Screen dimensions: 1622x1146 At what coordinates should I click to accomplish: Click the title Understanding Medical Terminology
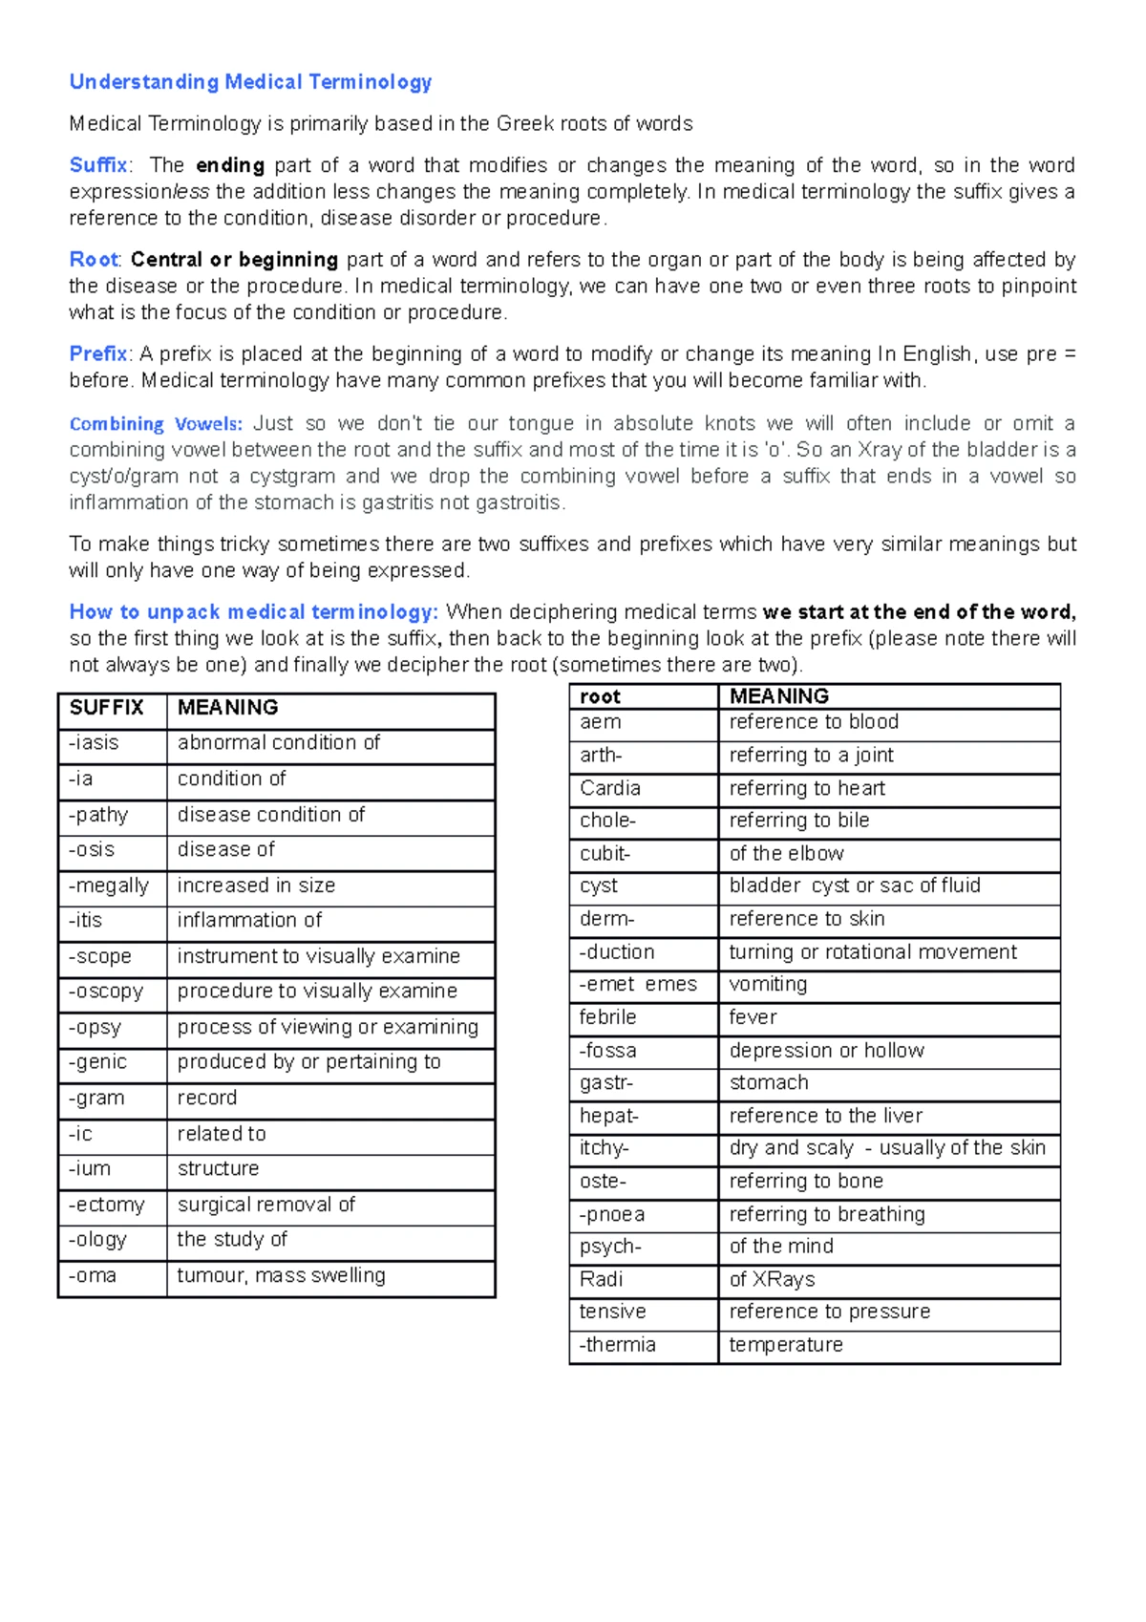click(250, 82)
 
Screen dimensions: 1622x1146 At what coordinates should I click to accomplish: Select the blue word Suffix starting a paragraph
click(98, 165)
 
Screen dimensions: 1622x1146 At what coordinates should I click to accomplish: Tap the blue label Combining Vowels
click(156, 424)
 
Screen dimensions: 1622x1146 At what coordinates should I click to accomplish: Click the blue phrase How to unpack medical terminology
click(253, 612)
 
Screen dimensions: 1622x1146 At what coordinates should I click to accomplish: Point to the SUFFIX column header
click(106, 708)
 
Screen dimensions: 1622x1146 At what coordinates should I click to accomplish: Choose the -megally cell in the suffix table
click(109, 886)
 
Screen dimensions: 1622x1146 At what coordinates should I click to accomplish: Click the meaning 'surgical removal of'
click(265, 1205)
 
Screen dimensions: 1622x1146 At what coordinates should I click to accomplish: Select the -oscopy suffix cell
click(105, 992)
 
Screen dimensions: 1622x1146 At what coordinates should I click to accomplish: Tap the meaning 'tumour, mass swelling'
click(281, 1275)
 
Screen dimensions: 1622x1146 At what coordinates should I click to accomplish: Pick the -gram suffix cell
click(96, 1099)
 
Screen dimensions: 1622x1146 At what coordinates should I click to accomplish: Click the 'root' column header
click(600, 696)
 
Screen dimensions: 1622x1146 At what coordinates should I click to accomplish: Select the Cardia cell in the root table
click(609, 788)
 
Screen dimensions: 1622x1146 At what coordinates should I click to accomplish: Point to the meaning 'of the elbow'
click(786, 853)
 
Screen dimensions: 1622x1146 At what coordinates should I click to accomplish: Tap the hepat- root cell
click(608, 1116)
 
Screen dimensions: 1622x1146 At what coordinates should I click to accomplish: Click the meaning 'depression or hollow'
click(826, 1051)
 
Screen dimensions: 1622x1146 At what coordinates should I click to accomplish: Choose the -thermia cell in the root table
click(617, 1345)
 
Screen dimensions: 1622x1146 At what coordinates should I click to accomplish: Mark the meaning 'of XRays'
click(772, 1279)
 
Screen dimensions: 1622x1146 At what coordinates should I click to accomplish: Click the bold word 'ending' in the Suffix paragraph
click(229, 165)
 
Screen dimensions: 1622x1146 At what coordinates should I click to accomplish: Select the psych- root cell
click(610, 1247)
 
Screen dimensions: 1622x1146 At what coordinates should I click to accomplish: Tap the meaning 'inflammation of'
click(249, 921)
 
